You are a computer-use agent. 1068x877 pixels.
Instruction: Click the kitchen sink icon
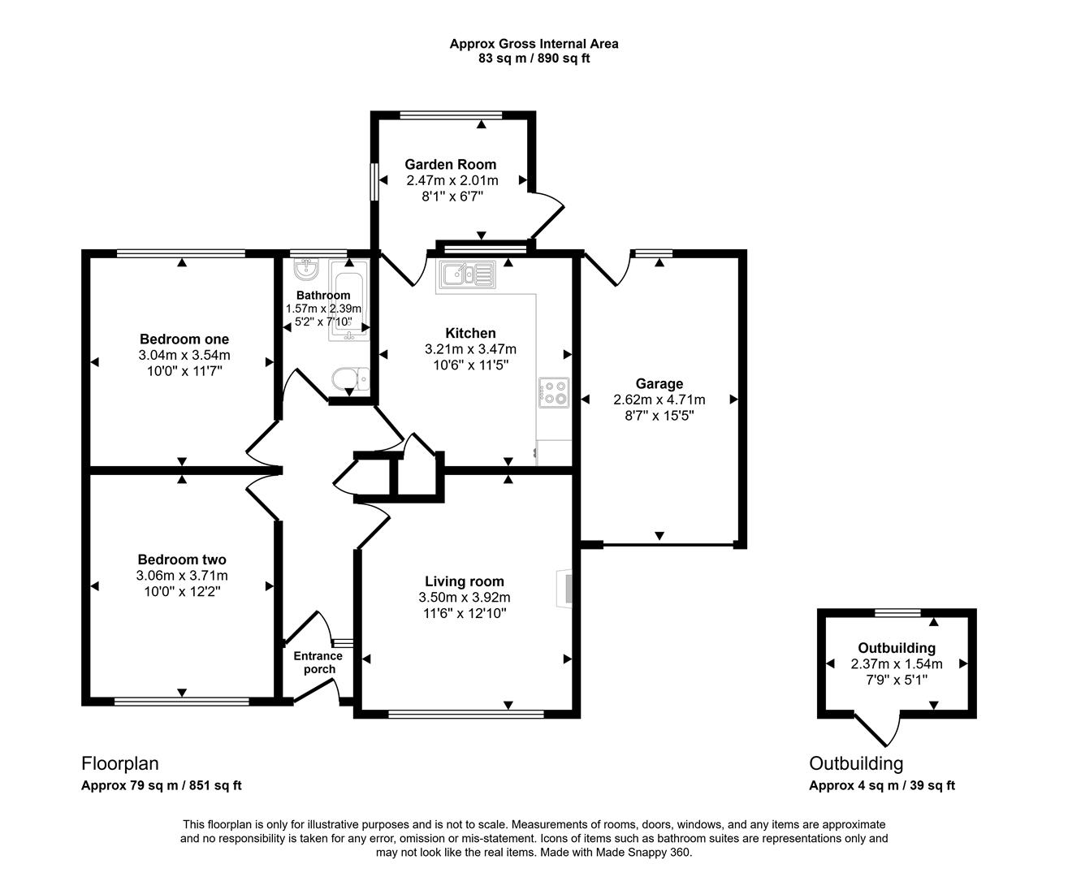click(466, 274)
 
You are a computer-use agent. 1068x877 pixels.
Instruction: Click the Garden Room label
click(451, 164)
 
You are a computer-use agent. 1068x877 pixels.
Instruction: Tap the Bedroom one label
click(184, 339)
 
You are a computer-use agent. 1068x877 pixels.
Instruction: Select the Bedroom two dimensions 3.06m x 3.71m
click(182, 576)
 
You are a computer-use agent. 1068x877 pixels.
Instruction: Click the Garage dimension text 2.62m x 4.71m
click(659, 400)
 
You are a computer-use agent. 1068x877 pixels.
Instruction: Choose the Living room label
click(465, 581)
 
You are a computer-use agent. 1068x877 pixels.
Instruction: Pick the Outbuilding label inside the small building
click(897, 648)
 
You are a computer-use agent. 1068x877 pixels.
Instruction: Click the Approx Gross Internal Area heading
click(534, 44)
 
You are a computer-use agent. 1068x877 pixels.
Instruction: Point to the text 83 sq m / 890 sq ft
click(534, 58)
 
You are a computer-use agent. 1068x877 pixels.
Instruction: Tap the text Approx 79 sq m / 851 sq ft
click(162, 785)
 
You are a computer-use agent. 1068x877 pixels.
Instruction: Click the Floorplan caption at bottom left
click(119, 763)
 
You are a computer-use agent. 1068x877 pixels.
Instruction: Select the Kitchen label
click(470, 333)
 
